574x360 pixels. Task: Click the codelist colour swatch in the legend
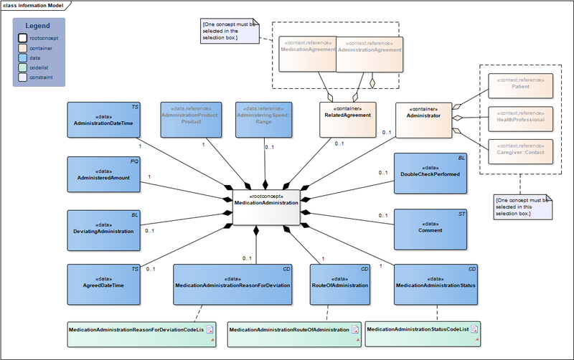pyautogui.click(x=22, y=68)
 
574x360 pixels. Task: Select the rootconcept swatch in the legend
pyautogui.click(x=22, y=38)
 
